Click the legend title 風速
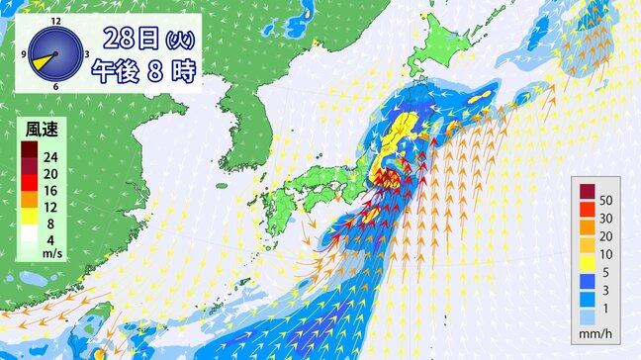click(39, 129)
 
